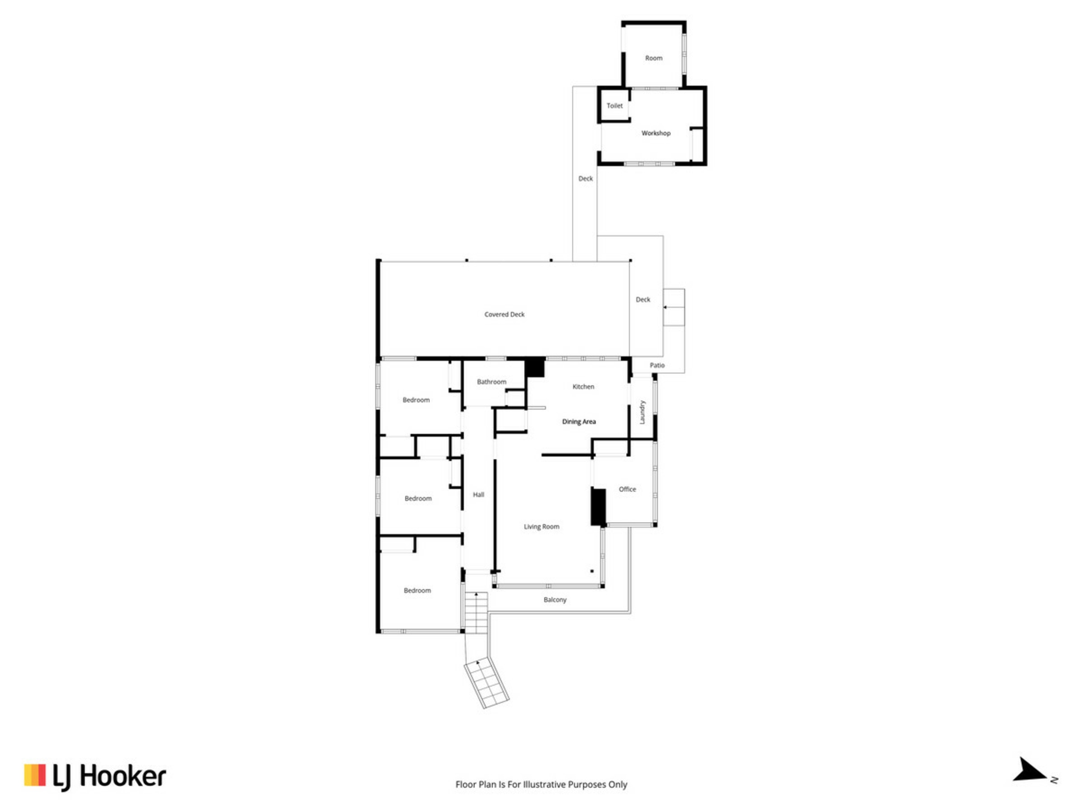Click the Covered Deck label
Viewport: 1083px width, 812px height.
pos(504,315)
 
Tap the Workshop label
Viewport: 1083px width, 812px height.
pos(656,133)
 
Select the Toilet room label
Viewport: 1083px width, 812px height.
pos(615,105)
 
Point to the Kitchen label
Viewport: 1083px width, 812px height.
pos(583,387)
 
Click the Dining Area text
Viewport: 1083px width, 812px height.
pos(579,422)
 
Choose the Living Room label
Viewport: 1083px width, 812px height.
pos(541,527)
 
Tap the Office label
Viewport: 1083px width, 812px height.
pos(627,489)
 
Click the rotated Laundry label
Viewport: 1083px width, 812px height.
pos(642,412)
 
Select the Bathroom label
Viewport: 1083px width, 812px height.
pos(491,382)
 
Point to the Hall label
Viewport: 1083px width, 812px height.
pos(478,495)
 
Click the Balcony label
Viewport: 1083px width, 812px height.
pos(555,600)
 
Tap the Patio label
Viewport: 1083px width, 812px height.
pos(657,365)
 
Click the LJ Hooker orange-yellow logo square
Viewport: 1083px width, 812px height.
pos(34,775)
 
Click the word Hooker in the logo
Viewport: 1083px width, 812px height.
pos(122,776)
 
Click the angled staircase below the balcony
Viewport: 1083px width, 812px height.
pos(486,682)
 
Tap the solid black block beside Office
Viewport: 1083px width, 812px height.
pos(598,507)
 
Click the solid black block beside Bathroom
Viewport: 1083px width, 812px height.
pos(535,368)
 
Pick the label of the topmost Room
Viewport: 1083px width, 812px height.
pos(654,58)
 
